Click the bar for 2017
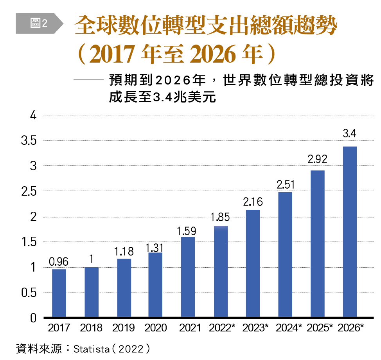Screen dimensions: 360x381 pyautogui.click(x=59, y=293)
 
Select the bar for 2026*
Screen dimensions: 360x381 pyautogui.click(x=349, y=232)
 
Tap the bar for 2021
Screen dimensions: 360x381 pyautogui.click(x=188, y=277)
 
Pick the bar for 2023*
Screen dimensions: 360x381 pyautogui.click(x=253, y=263)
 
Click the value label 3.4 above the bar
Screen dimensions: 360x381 pyautogui.click(x=349, y=134)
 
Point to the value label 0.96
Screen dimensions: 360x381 pyautogui.click(x=59, y=261)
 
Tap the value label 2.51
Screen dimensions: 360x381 pyautogui.click(x=286, y=184)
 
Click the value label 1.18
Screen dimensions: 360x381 pyautogui.click(x=124, y=252)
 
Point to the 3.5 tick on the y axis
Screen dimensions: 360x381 pyautogui.click(x=29, y=141)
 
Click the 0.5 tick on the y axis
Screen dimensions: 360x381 pyautogui.click(x=29, y=293)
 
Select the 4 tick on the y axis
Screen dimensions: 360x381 pyautogui.click(x=34, y=116)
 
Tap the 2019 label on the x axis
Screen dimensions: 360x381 pyautogui.click(x=124, y=328)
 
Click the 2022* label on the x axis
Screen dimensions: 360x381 pyautogui.click(x=222, y=328)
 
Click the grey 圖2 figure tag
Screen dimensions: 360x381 pyautogui.click(x=39, y=23)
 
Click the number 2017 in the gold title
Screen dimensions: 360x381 pyautogui.click(x=112, y=55)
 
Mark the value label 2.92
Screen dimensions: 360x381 pyautogui.click(x=317, y=159)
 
